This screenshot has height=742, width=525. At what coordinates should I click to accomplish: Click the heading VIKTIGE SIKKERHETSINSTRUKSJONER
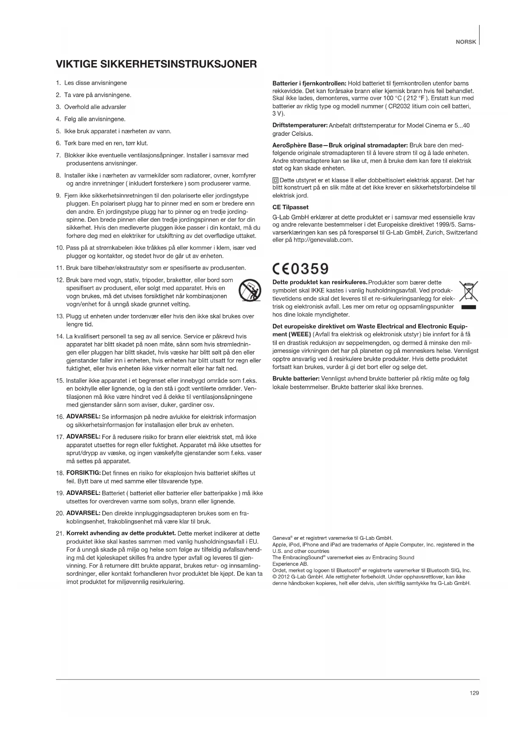click(156, 64)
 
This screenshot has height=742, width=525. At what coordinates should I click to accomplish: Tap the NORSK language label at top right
click(466, 42)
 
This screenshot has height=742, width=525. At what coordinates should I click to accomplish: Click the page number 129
click(474, 693)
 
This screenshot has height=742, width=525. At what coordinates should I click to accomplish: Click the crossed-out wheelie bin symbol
click(468, 291)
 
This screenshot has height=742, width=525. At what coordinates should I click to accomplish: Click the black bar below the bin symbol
click(469, 307)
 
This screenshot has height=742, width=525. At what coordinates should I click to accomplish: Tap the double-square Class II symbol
click(275, 181)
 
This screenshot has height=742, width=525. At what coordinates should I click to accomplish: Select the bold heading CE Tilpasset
click(290, 207)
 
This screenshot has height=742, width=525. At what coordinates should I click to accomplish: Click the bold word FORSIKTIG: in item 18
click(83, 473)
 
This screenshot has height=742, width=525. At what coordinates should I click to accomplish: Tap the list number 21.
click(60, 534)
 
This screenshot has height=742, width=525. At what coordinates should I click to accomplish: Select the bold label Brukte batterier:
click(296, 379)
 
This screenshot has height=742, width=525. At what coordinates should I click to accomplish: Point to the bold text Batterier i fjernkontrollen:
click(309, 83)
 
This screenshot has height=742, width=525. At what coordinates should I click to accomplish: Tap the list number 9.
click(58, 195)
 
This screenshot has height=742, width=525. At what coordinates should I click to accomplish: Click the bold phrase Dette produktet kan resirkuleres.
click(320, 282)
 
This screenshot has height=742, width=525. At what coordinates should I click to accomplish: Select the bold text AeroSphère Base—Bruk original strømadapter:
click(340, 145)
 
